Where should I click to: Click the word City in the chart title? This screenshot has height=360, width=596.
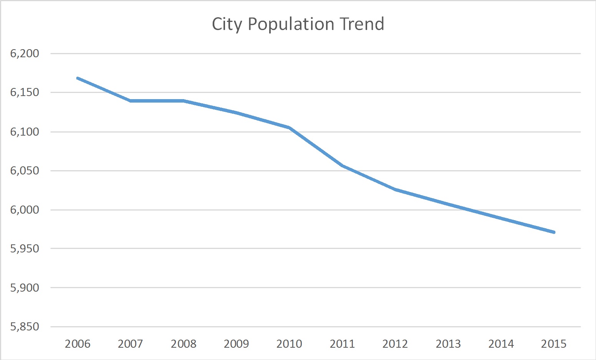227,24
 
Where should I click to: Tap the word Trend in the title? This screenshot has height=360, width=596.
361,24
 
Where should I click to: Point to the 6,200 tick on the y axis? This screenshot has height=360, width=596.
25,53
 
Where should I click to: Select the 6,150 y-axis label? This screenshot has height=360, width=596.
25,93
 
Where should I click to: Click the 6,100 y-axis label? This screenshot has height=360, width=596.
25,132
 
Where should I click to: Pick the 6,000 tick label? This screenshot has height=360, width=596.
25,210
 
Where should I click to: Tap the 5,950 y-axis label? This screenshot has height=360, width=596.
25,249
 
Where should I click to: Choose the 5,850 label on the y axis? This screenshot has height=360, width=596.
25,327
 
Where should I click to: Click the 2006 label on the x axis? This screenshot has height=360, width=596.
78,343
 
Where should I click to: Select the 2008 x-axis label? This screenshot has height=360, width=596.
184,343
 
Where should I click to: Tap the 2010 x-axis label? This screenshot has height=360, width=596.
289,343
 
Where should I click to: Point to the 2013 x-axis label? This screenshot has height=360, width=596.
448,343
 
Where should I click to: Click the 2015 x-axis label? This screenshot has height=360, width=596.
554,343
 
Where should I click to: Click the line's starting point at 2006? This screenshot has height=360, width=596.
78,78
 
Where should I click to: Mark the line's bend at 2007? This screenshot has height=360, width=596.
131,101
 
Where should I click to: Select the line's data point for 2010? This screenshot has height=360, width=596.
289,128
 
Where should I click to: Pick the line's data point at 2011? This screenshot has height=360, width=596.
342,166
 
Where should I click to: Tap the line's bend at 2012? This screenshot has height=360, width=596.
395,189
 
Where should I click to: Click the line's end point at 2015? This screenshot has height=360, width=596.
554,232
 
